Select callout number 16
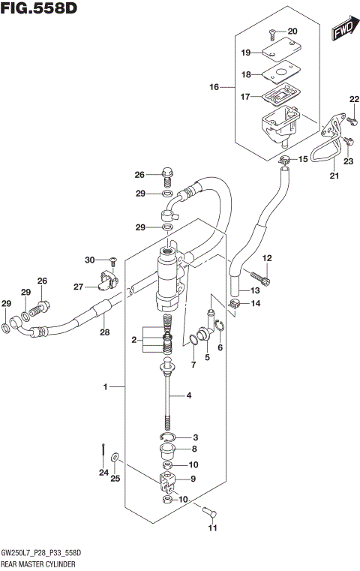[x=214, y=88]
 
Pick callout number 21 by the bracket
[x=334, y=176]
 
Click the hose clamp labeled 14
[x=235, y=303]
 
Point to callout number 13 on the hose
[x=254, y=290]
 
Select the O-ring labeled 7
[x=194, y=341]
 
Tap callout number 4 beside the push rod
[x=188, y=395]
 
